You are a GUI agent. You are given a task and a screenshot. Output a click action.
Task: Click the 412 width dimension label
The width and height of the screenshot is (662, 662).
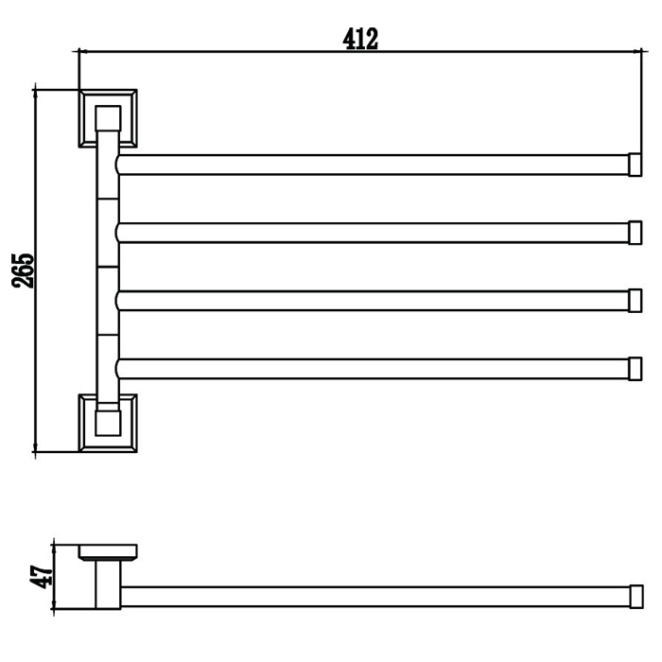(x=360, y=39)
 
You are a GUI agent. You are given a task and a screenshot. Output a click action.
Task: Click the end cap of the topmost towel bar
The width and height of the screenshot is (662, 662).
(x=636, y=165)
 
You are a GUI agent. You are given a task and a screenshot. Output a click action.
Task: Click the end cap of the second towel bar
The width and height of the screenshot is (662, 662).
(x=636, y=232)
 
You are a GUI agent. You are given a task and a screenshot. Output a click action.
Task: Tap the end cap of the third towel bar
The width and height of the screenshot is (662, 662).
(x=636, y=301)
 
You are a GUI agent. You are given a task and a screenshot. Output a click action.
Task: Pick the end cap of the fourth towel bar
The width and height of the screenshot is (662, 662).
(x=636, y=368)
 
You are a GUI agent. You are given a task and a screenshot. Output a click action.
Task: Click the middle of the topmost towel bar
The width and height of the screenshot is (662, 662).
(x=374, y=165)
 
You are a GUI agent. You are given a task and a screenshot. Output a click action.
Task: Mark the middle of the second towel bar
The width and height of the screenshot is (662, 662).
(x=374, y=232)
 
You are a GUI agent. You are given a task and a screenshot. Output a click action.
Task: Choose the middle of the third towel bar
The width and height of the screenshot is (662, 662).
(x=374, y=301)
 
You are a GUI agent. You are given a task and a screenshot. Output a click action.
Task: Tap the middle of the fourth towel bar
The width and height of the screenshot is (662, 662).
(x=374, y=368)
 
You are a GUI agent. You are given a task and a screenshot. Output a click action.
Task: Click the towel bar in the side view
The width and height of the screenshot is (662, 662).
(x=374, y=596)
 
